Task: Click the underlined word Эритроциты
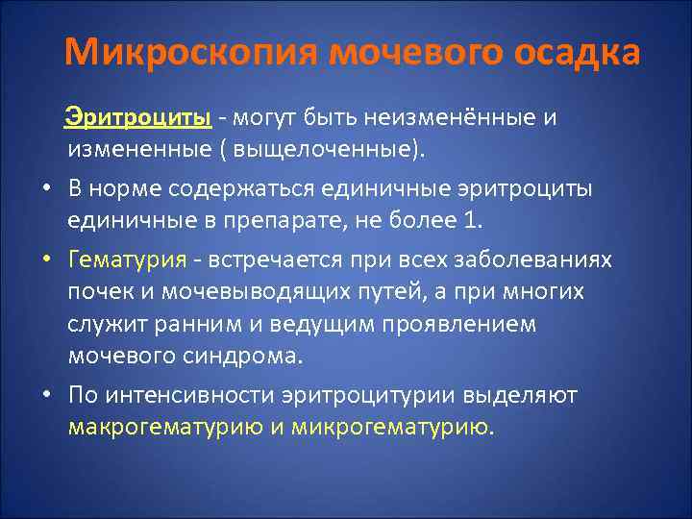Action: coord(138,117)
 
